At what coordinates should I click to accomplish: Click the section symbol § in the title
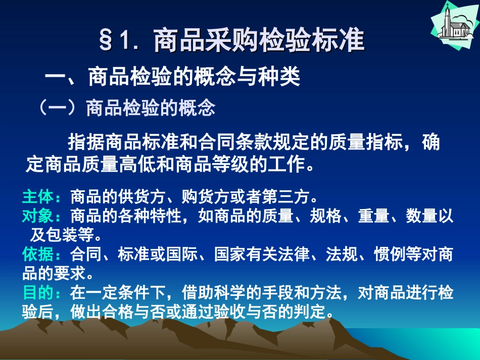tap(106, 41)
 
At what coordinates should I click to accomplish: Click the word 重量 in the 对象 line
tap(374, 216)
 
